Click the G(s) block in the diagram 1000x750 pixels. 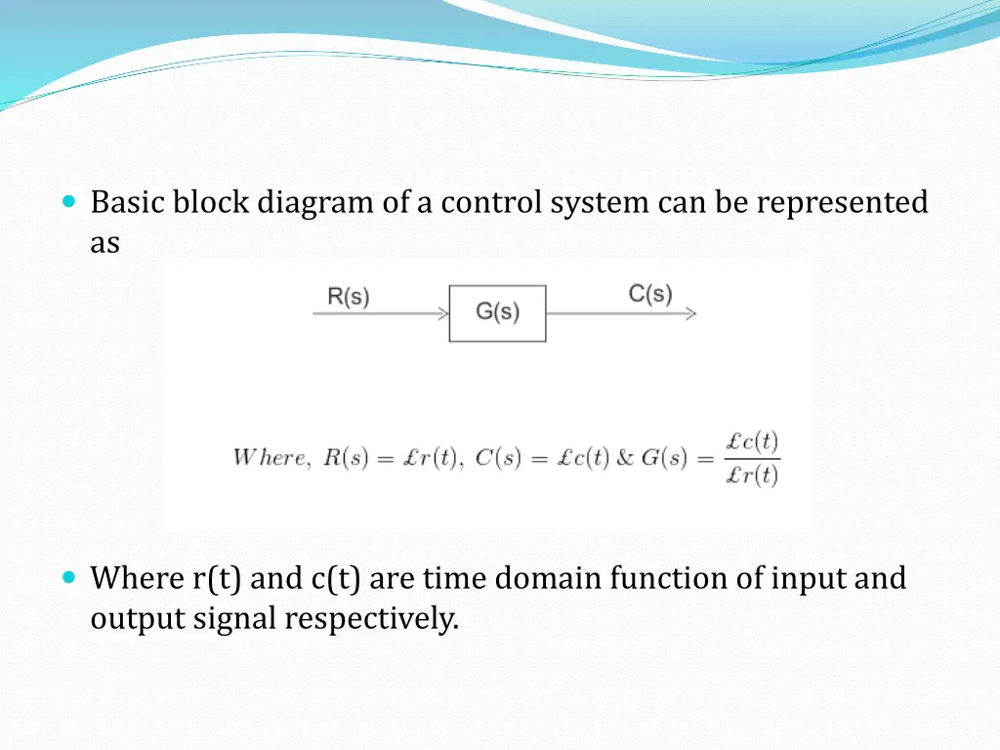pyautogui.click(x=497, y=312)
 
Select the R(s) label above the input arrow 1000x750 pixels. pyautogui.click(x=349, y=297)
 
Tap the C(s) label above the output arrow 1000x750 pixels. pyautogui.click(x=650, y=293)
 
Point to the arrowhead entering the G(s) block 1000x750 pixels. pyautogui.click(x=444, y=313)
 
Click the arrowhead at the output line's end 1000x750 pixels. pyautogui.click(x=691, y=313)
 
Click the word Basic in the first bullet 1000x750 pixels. pyautogui.click(x=128, y=202)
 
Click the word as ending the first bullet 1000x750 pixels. pyautogui.click(x=104, y=243)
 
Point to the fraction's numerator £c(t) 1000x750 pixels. pyautogui.click(x=752, y=441)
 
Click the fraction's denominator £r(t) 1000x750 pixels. pyautogui.click(x=752, y=476)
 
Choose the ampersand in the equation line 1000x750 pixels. pyautogui.click(x=625, y=458)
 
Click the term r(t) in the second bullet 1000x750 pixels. pyautogui.click(x=217, y=578)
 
